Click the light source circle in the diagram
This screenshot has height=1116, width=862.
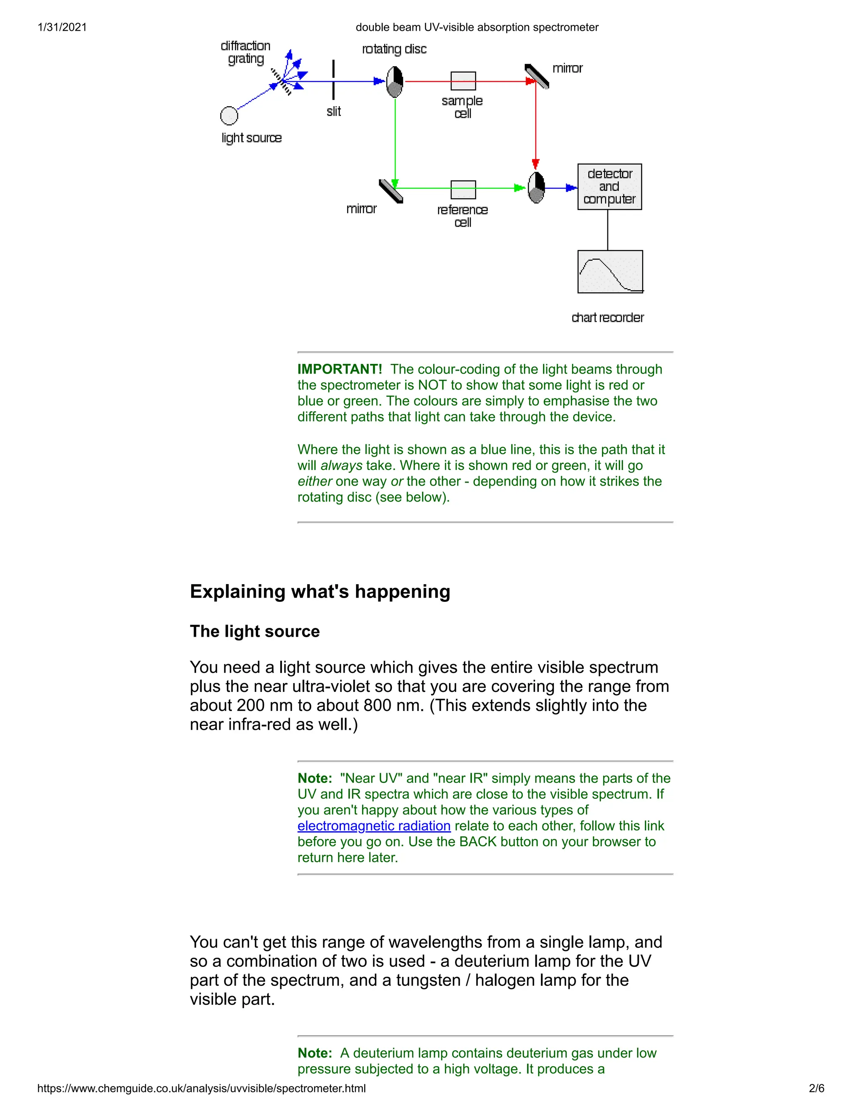[229, 115]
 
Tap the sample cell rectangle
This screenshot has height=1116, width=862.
[463, 81]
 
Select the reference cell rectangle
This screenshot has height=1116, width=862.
[463, 189]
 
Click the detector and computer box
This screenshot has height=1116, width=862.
[609, 187]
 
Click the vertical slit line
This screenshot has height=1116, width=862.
[333, 80]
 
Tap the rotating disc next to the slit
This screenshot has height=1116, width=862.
[395, 81]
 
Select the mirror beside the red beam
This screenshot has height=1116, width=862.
[537, 76]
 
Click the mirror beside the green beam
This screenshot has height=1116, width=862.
[391, 191]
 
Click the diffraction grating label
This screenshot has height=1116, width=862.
[246, 52]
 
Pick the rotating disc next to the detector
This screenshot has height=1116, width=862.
[536, 187]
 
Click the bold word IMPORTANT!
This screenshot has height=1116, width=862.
[340, 369]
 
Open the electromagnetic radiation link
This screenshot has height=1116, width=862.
[374, 826]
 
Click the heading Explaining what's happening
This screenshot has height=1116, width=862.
[320, 591]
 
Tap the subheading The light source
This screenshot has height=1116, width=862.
[254, 631]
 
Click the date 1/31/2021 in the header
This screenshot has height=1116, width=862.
[62, 27]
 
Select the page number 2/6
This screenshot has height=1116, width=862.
[816, 1088]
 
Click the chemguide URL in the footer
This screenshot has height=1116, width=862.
[201, 1088]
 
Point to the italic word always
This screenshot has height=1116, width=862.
[341, 465]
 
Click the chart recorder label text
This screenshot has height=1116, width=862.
[607, 318]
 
